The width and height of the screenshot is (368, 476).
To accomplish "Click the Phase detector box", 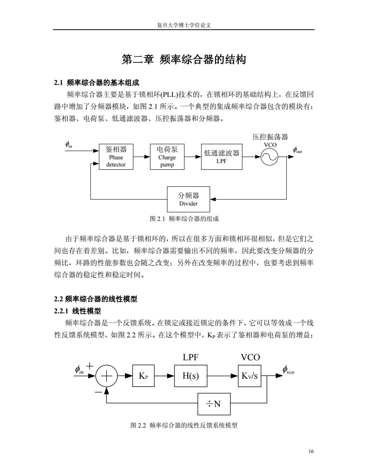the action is point(116,157).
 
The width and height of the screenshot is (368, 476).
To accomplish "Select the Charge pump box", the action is point(167,157).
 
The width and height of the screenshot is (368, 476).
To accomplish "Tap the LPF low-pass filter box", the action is point(221,157).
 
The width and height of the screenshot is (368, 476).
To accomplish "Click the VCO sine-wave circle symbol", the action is point(270,157).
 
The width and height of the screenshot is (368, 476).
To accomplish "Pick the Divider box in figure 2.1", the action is point(188,199).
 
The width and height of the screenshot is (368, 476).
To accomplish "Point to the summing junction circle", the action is point(106,376).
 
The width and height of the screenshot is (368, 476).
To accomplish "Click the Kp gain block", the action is point(143,376).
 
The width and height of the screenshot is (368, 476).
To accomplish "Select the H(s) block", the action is point(191,376).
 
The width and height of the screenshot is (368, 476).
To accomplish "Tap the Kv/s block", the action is point(250,376).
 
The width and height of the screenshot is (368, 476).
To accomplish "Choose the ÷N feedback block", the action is point(214,404).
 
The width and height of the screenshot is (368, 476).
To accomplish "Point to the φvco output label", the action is point(288,370).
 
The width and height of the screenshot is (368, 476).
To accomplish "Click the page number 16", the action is point(311,451).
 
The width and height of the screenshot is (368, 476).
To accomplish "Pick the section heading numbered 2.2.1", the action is point(77,311).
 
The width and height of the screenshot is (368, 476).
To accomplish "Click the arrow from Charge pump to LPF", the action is point(193,157).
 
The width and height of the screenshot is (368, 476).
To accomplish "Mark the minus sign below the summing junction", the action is point(98,392).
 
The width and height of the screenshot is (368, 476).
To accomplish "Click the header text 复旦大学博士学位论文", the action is point(184,25).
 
